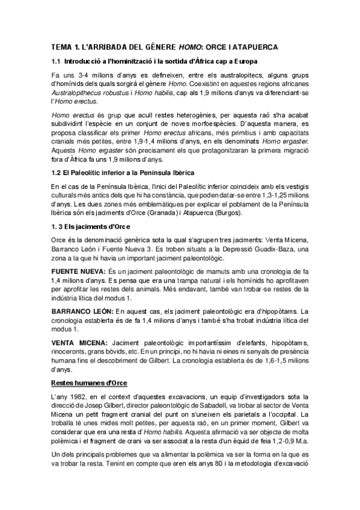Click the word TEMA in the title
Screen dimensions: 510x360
point(61,46)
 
